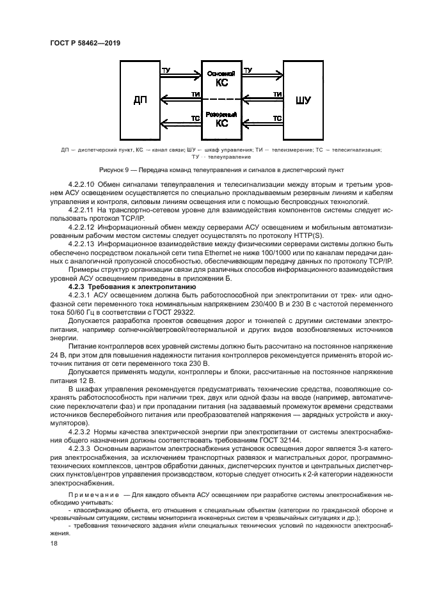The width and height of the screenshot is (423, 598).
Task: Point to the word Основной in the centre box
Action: click(x=221, y=73)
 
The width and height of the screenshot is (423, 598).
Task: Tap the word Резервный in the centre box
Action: click(x=221, y=114)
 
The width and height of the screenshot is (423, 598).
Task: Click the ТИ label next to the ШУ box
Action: click(x=277, y=94)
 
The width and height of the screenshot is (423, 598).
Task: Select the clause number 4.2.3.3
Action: click(x=79, y=449)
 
